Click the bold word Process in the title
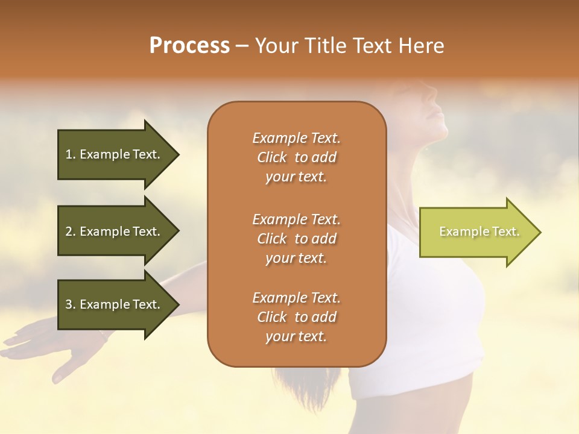point(189,46)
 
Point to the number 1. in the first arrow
point(71,154)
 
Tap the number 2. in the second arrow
point(71,231)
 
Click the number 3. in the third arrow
point(71,304)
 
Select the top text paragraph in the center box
point(296,157)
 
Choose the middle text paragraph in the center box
point(296,238)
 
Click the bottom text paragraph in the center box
point(296,317)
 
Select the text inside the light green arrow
point(479,231)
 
